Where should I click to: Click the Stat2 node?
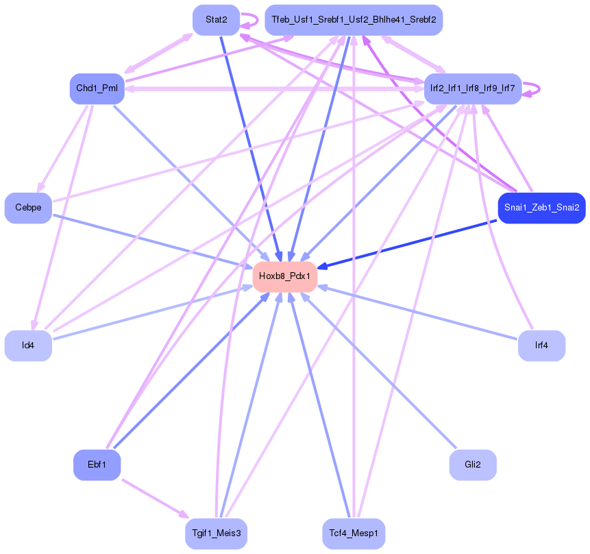[x=216, y=19]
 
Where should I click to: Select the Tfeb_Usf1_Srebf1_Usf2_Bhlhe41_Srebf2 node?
[x=354, y=19]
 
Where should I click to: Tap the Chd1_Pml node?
[x=97, y=88]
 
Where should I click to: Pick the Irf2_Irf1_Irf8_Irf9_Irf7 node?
[x=473, y=88]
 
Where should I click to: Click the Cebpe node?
[x=28, y=208]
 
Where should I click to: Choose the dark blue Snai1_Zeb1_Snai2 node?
[x=541, y=208]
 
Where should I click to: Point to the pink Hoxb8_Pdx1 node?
[x=285, y=276]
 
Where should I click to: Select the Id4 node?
[x=28, y=346]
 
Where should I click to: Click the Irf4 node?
[x=541, y=346]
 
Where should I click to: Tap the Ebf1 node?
[x=97, y=465]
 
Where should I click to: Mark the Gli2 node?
[x=473, y=465]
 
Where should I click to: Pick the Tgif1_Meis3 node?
[x=216, y=533]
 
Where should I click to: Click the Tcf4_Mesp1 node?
[x=354, y=533]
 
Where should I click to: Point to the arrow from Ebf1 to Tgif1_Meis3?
[x=154, y=498]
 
